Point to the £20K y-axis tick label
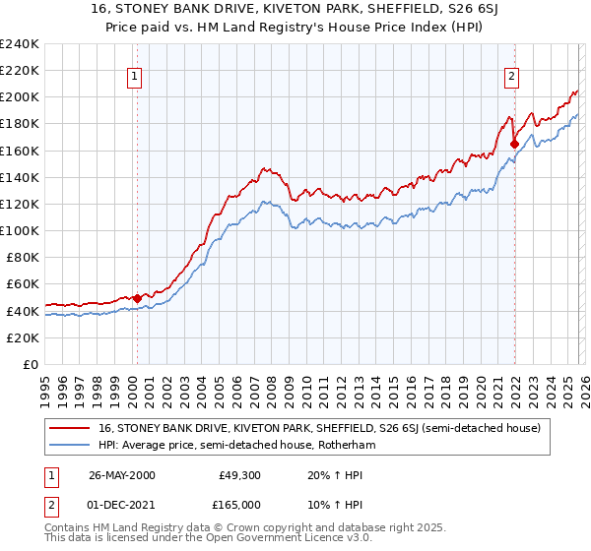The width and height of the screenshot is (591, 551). pyautogui.click(x=21, y=337)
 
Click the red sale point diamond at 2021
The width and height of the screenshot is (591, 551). pyautogui.click(x=514, y=144)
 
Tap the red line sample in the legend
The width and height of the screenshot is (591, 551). pyautogui.click(x=71, y=428)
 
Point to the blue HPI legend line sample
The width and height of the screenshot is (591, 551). pyautogui.click(x=71, y=445)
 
